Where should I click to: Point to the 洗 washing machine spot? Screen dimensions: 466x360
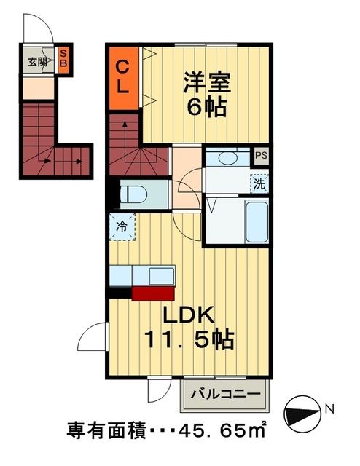coord(259,183)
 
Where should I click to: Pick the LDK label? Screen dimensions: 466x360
coord(187,315)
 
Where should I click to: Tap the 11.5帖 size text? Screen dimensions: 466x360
coord(187,340)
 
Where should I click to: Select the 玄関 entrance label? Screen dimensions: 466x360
coord(38,62)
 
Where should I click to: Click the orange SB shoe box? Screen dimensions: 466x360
coord(64,57)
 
